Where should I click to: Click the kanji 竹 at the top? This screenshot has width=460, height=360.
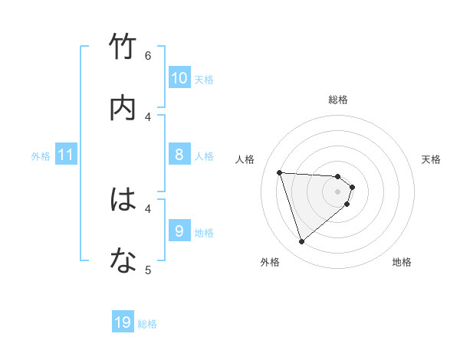(x=123, y=47)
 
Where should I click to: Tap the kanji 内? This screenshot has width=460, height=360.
(x=123, y=108)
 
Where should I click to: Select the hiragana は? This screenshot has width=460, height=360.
(x=123, y=200)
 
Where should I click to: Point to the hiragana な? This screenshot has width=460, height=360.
(x=123, y=261)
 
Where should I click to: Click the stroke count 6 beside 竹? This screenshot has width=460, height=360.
(x=148, y=56)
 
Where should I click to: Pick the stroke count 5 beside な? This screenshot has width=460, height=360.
(x=148, y=270)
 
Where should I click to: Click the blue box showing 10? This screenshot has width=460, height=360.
(x=179, y=78)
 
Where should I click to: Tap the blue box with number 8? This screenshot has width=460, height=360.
(x=179, y=155)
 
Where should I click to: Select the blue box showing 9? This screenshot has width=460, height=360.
(x=179, y=231)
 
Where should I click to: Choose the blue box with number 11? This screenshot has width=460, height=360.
(x=66, y=155)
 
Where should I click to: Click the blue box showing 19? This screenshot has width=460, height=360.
(x=123, y=322)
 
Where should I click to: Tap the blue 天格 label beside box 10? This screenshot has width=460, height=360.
(x=204, y=79)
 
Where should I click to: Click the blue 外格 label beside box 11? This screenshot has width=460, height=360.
(x=41, y=156)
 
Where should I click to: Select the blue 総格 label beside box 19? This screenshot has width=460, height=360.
(x=147, y=324)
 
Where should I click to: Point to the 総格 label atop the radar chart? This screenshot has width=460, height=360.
(x=338, y=100)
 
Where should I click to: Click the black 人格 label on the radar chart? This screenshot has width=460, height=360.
(x=245, y=159)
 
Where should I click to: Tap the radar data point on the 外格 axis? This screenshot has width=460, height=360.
(x=301, y=242)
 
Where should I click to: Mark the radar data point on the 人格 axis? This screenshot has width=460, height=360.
(x=280, y=172)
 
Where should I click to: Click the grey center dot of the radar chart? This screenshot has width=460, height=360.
(x=338, y=191)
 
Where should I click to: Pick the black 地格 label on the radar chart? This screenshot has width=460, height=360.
(x=402, y=262)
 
